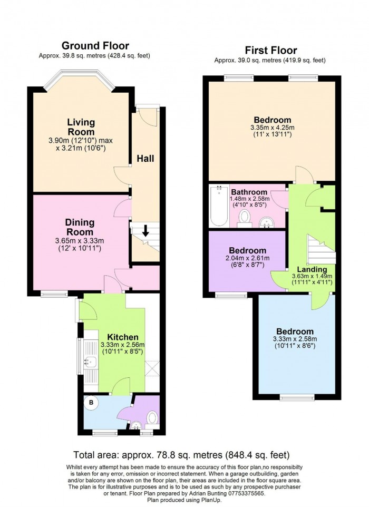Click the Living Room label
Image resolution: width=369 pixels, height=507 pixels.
pyautogui.click(x=81, y=127)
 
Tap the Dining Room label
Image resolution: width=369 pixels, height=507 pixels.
pyautogui.click(x=80, y=227)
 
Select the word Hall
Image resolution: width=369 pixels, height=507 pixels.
pyautogui.click(x=145, y=159)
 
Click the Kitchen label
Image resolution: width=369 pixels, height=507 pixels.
pyautogui.click(x=123, y=337)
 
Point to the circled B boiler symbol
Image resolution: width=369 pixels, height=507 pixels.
pyautogui.click(x=91, y=403)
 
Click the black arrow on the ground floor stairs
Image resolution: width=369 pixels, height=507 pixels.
pyautogui.click(x=145, y=231)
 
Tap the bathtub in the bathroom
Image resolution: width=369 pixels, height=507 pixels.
pyautogui.click(x=219, y=206)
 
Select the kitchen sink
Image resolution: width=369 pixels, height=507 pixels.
pyautogui.click(x=91, y=360)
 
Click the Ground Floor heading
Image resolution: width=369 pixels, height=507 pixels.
pyautogui.click(x=95, y=46)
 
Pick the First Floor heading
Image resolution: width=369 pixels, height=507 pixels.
pyautogui.click(x=270, y=51)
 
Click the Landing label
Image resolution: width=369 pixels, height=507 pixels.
pyautogui.click(x=312, y=269)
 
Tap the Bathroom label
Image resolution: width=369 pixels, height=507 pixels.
pyautogui.click(x=249, y=192)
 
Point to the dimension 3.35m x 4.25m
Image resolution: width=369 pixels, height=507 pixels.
pyautogui.click(x=273, y=128)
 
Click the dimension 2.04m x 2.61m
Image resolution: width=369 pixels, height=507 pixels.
pyautogui.click(x=247, y=258)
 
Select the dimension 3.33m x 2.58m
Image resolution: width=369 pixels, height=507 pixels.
pyautogui.click(x=295, y=339)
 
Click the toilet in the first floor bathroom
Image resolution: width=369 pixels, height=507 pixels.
pyautogui.click(x=244, y=217)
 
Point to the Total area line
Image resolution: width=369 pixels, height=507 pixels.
pyautogui.click(x=181, y=455)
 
